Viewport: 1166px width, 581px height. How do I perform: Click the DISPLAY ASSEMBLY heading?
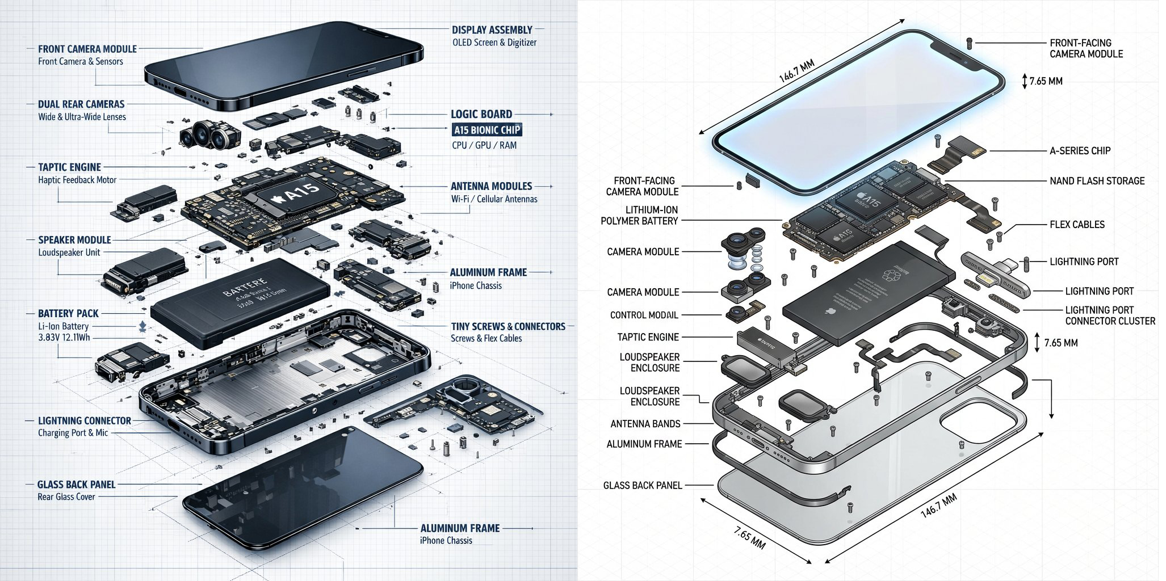[492, 30]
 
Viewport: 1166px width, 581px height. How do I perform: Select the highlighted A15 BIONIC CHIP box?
[486, 130]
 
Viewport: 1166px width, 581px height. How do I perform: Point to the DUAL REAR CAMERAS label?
[81, 104]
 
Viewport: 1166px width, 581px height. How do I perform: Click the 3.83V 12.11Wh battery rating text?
[62, 338]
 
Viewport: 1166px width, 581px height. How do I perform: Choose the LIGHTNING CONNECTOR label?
[85, 421]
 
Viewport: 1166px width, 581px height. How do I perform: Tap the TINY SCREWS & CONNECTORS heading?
[508, 326]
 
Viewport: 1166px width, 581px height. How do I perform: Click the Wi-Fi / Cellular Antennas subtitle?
[494, 199]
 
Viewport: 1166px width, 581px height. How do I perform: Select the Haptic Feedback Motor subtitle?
[77, 180]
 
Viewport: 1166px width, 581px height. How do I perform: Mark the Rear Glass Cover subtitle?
[66, 497]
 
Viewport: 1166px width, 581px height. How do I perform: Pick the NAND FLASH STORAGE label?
[1097, 181]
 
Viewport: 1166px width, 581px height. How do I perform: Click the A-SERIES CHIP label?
[1080, 151]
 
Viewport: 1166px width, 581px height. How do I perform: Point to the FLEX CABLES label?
[1077, 225]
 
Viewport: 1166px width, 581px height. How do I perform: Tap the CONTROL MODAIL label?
[644, 315]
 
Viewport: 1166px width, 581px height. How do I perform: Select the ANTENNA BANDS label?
[645, 424]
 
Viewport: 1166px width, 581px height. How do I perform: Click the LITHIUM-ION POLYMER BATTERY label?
[640, 216]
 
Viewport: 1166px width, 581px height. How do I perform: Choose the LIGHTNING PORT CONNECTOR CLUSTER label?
[1110, 315]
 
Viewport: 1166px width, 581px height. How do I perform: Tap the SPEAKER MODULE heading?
[74, 240]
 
